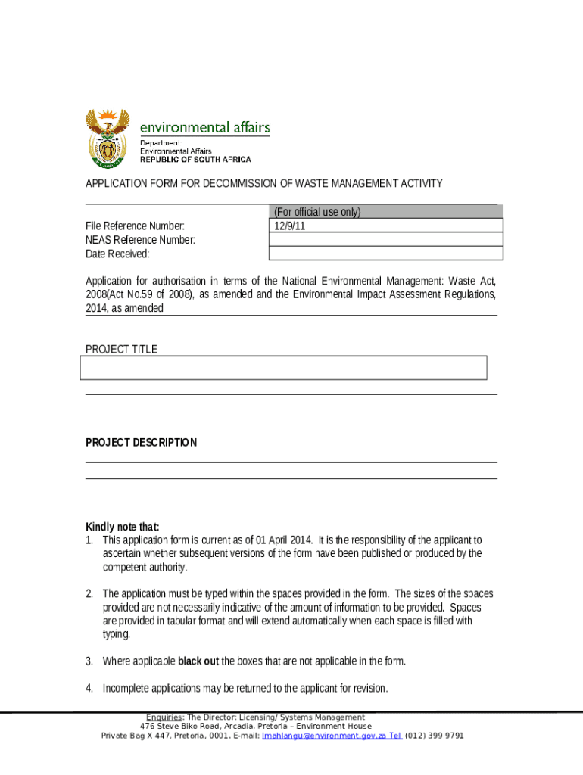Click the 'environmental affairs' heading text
click(204, 127)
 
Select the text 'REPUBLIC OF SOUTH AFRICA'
click(195, 160)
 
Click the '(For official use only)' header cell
click(317, 212)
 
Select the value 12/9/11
click(288, 226)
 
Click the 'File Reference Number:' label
click(135, 226)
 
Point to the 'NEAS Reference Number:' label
click(140, 240)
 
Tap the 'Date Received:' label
click(117, 254)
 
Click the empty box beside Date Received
click(385, 254)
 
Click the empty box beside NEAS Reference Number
click(385, 240)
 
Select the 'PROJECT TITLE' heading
click(121, 349)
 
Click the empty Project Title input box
click(283, 368)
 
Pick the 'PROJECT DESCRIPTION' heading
click(141, 443)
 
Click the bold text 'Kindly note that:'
click(123, 527)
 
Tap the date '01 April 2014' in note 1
click(285, 540)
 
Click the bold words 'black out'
click(198, 661)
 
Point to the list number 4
click(89, 689)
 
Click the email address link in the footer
click(322, 736)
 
